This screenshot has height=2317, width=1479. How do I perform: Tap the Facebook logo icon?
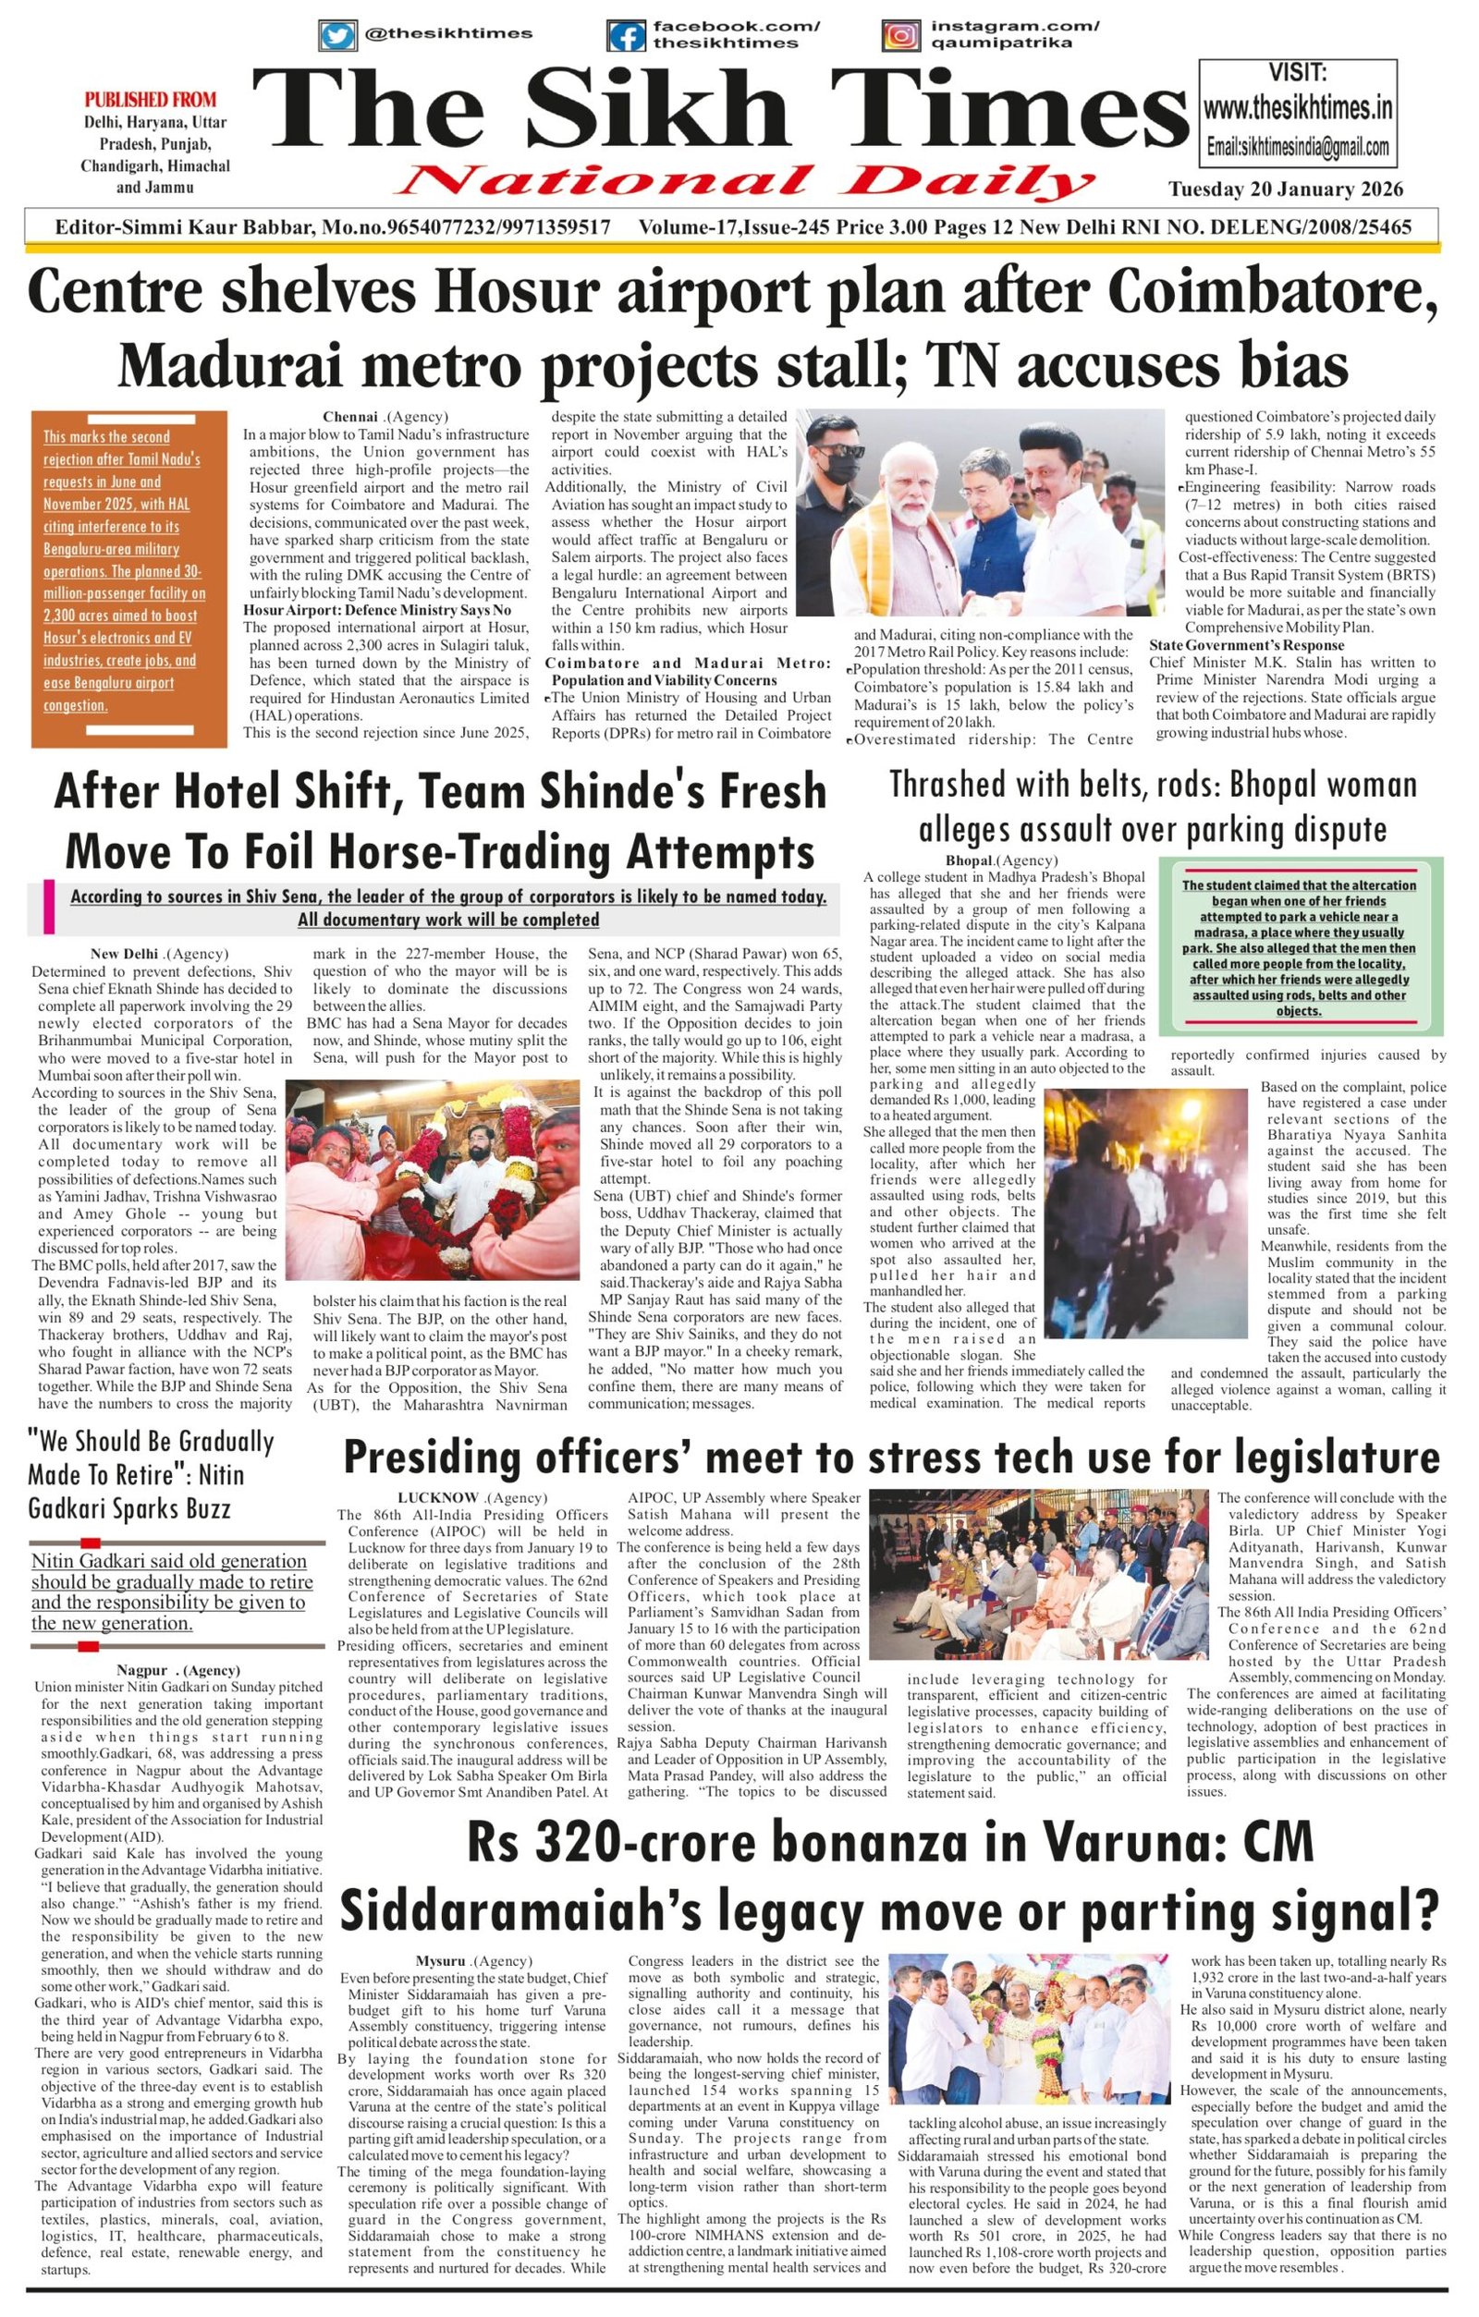(626, 36)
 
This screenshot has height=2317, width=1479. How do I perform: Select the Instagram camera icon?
(900, 36)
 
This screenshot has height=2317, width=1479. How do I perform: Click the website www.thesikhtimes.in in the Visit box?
(1297, 108)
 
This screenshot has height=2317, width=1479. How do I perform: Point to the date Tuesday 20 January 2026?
(1286, 189)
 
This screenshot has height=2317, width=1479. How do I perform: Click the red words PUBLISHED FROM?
(150, 99)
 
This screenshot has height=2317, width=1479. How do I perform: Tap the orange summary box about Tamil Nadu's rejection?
(128, 579)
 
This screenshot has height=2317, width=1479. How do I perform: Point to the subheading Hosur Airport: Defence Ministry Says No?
(376, 610)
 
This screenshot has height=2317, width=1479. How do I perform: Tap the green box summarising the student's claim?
(1299, 946)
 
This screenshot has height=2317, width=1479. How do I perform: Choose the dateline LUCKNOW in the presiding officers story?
(438, 1498)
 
